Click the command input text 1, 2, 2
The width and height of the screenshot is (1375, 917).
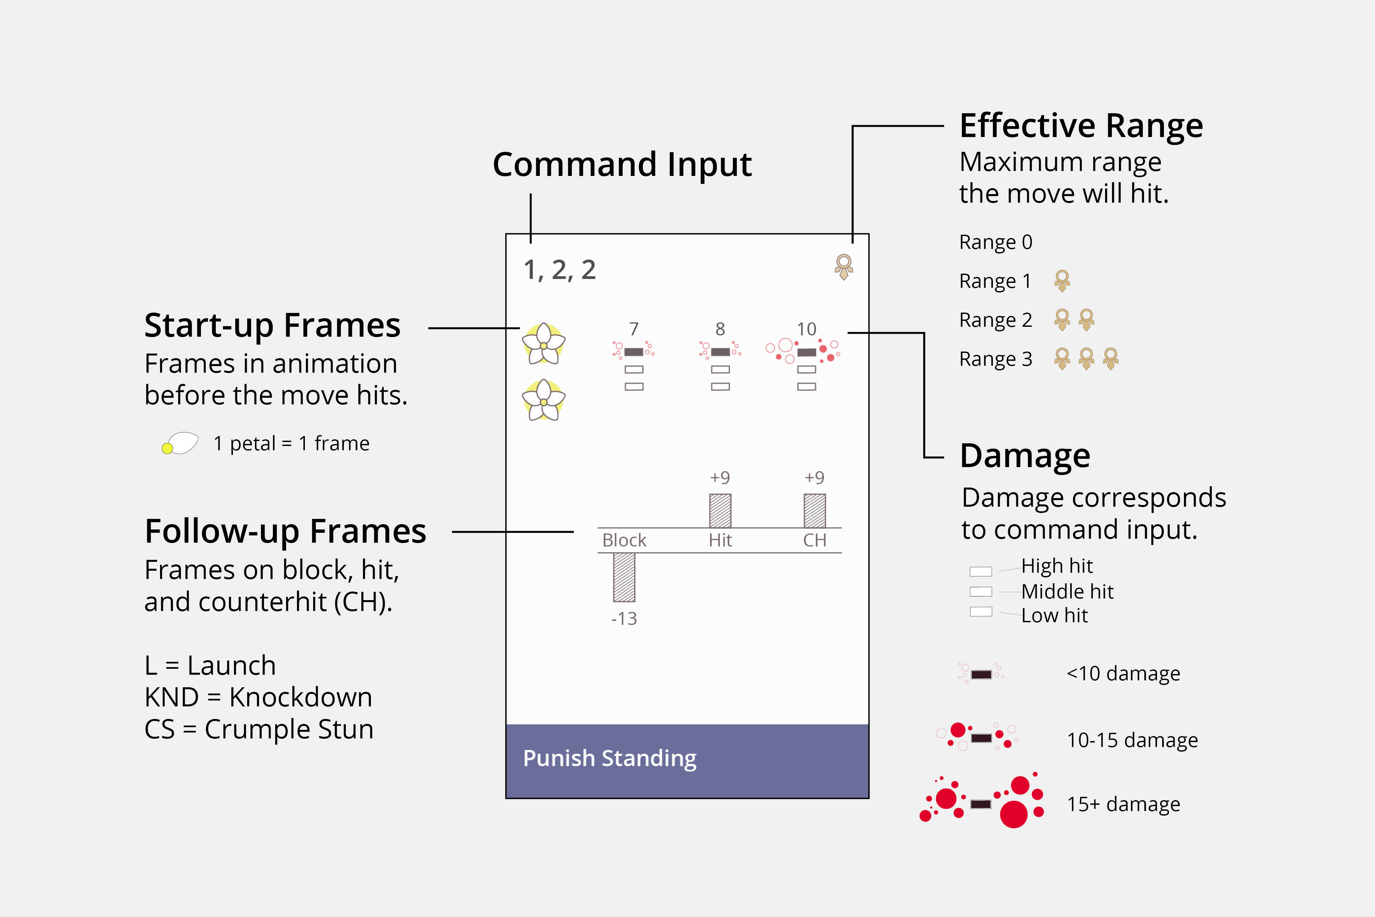pos(560,270)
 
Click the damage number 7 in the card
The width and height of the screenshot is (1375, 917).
pos(634,329)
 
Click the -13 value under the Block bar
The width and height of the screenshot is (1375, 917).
pos(624,619)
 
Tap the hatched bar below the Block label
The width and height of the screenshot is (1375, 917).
pos(624,577)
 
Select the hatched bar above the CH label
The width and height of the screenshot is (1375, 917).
pos(814,511)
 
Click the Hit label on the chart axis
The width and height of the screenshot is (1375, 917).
pos(720,540)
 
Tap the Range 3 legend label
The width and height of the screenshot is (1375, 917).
pos(996,358)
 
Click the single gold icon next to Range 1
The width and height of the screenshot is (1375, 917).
pos(1062,281)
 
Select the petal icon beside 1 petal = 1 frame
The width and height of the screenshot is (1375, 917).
pos(180,443)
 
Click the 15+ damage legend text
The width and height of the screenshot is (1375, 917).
pos(1123,804)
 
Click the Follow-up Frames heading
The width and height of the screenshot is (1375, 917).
pos(285,531)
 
